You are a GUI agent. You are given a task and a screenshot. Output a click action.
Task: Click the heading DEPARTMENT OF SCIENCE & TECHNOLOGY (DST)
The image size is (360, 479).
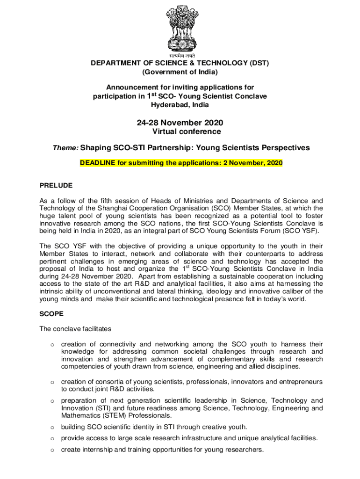pyautogui.click(x=180, y=63)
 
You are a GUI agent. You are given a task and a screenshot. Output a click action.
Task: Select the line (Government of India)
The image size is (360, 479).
pyautogui.click(x=180, y=72)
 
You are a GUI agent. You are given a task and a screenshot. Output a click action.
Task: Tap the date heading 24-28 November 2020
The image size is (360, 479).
pyautogui.click(x=180, y=123)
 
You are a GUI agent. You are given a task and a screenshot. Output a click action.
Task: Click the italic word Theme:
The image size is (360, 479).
pyautogui.click(x=65, y=148)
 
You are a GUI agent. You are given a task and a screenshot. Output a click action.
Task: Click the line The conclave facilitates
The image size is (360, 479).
pyautogui.click(x=74, y=329)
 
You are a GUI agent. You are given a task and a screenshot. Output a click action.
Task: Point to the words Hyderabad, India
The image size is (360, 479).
pyautogui.click(x=180, y=105)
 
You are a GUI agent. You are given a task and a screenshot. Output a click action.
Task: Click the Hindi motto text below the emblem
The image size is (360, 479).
pyautogui.click(x=180, y=55)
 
